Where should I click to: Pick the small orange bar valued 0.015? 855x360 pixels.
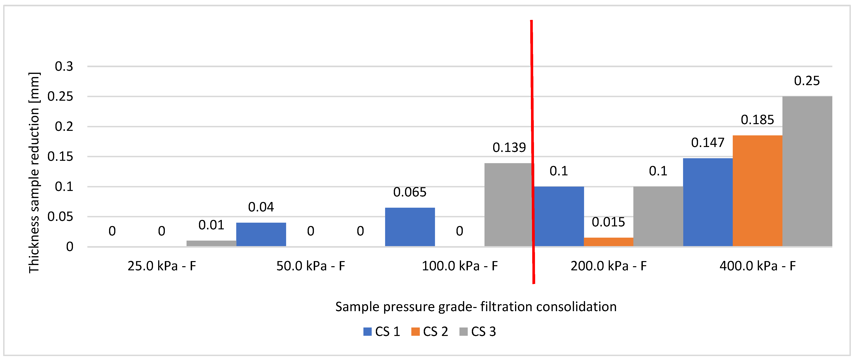click(608, 242)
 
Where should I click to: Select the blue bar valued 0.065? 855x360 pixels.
click(410, 227)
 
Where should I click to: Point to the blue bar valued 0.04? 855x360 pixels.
click(261, 234)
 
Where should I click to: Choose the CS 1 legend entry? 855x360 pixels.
click(382, 331)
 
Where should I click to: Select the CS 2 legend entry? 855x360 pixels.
click(430, 331)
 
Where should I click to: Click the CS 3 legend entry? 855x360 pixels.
click(478, 331)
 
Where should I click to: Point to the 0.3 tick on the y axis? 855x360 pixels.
click(64, 66)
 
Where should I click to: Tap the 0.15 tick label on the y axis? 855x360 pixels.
click(60, 157)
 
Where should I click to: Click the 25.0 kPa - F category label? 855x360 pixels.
click(162, 266)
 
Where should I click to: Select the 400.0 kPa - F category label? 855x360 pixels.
click(757, 266)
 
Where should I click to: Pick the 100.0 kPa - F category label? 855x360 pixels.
click(459, 266)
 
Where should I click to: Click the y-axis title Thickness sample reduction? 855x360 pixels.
click(34, 173)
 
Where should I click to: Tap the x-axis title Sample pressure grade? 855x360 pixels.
click(476, 307)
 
